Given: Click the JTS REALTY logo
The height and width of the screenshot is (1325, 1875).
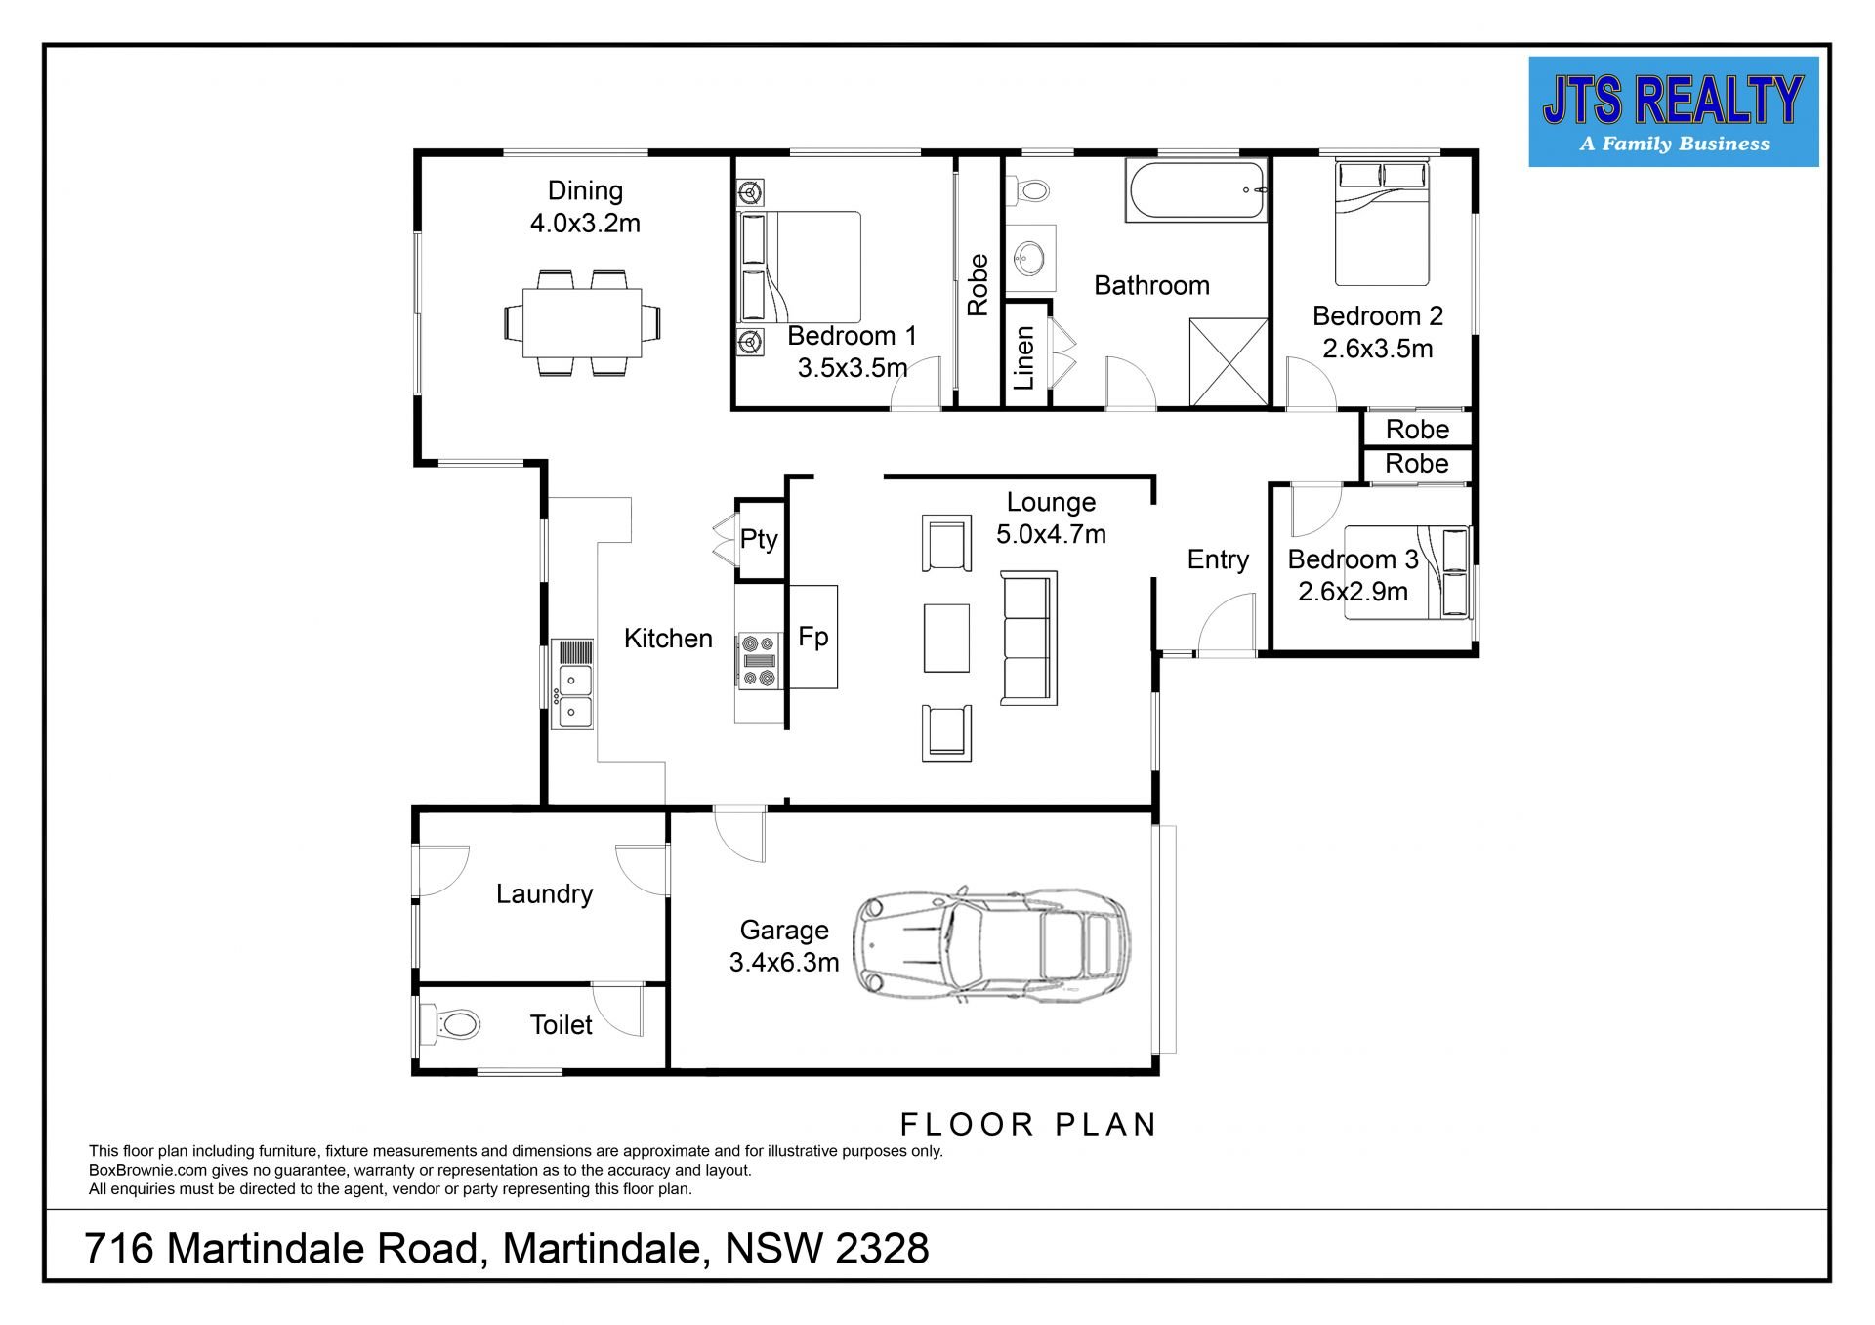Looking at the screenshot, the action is coord(1673,111).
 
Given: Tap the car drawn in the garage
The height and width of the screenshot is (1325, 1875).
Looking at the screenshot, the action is coord(991,943).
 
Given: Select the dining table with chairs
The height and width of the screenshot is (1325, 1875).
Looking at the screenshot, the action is coord(582,323).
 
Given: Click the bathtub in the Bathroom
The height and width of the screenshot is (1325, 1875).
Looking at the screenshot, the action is coord(1196,191).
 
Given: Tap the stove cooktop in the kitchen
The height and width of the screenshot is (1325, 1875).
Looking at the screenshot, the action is coord(759,660).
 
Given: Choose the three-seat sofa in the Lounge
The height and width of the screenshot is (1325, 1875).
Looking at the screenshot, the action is coord(1028,639).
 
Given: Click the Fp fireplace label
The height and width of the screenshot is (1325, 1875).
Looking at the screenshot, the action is coord(812,637).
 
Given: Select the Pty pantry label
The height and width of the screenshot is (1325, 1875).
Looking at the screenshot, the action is coord(759,540).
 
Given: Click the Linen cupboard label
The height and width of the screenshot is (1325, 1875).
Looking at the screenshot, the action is coord(1023,358).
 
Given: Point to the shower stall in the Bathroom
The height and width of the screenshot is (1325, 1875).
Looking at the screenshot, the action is coord(1229,361).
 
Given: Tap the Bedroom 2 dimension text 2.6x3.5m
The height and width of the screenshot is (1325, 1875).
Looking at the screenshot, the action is coord(1377,349).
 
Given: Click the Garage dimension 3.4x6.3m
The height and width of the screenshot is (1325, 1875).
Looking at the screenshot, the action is coord(783,963).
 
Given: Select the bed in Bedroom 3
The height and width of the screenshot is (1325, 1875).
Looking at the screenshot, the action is coord(1407,572).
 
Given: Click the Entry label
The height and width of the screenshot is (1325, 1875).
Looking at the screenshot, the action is coord(1218,559).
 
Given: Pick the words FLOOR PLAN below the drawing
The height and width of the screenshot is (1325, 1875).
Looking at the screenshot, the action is coord(1027,1125).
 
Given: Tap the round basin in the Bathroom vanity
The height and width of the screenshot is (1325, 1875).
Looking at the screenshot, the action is coord(1029,261).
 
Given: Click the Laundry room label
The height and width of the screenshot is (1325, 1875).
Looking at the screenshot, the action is coord(544,894).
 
